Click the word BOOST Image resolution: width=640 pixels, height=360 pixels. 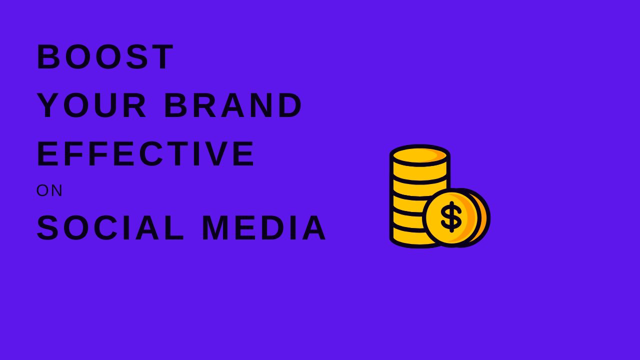pyautogui.click(x=105, y=57)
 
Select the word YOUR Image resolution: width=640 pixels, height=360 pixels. pyautogui.click(x=92, y=105)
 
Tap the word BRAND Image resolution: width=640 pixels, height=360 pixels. pyautogui.click(x=233, y=105)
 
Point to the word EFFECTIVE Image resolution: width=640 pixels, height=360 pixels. pyautogui.click(x=146, y=154)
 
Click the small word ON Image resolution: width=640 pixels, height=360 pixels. pyautogui.click(x=49, y=190)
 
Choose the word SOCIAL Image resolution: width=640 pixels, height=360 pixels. pyautogui.click(x=110, y=228)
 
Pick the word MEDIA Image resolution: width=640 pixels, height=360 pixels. pyautogui.click(x=264, y=228)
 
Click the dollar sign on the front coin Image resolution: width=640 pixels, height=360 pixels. pyautogui.click(x=451, y=217)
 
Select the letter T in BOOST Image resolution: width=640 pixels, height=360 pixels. pyautogui.click(x=164, y=57)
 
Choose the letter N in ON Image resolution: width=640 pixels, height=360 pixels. pyautogui.click(x=56, y=190)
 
